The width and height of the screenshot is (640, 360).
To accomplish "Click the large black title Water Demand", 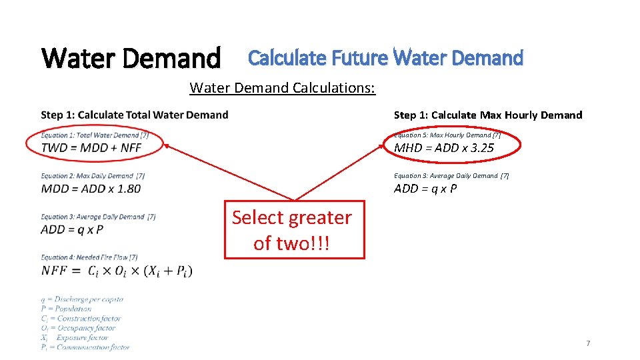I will [x=131, y=58].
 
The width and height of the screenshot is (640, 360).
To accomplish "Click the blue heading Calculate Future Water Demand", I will [x=385, y=58].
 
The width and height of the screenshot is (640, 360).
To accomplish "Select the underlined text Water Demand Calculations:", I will [x=282, y=87].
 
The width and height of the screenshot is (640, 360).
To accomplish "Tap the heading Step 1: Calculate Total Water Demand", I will [x=134, y=115].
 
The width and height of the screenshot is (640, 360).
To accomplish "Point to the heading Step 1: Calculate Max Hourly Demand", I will [x=487, y=115].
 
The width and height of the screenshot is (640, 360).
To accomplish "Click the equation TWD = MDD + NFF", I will [x=91, y=147].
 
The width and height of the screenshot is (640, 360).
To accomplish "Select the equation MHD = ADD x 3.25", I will [x=444, y=148].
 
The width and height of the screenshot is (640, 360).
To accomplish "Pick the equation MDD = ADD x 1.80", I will [x=91, y=188].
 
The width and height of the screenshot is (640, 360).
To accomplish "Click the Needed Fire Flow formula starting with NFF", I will [x=117, y=270].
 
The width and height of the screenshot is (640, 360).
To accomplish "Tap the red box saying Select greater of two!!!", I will [x=294, y=229].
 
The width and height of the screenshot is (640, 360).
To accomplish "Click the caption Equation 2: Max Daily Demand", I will [x=93, y=176].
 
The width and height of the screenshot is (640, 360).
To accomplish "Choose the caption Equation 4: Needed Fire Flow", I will [x=89, y=257].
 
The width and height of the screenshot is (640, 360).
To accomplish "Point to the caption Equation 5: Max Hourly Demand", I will [x=447, y=135].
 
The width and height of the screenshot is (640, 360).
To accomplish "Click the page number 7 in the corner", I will [x=587, y=343].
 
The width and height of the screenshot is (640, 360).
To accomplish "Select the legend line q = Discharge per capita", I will [x=82, y=299].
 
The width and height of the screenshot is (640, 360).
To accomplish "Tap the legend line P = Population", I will [x=66, y=309].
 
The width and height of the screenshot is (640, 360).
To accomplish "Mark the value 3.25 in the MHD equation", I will [x=481, y=148].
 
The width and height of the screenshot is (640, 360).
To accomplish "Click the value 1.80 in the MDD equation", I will [x=128, y=188].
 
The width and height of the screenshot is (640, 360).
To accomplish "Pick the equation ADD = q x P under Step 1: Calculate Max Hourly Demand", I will [x=425, y=189].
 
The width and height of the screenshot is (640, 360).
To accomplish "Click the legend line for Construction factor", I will [x=81, y=318].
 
